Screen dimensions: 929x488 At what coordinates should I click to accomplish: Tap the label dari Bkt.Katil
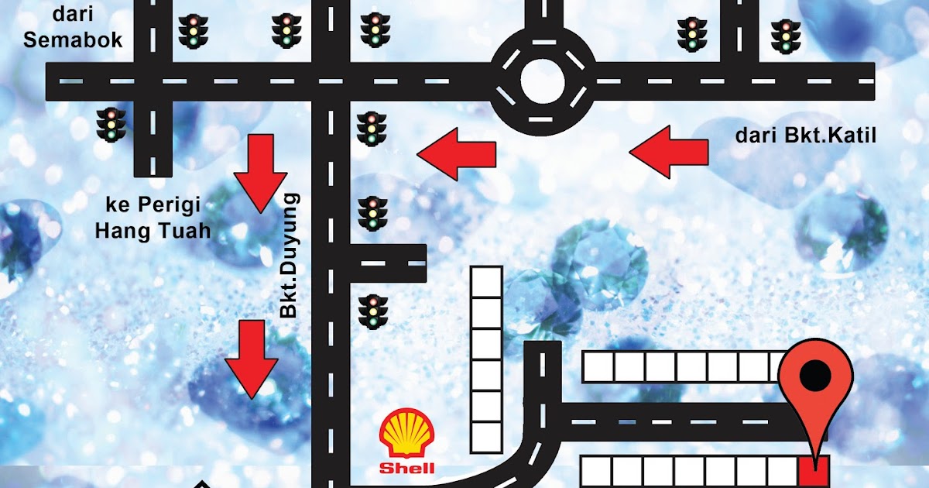[x=805, y=136]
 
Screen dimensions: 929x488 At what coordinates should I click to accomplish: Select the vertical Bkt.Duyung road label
[x=289, y=256]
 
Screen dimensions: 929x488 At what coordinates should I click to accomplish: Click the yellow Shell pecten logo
[x=407, y=435]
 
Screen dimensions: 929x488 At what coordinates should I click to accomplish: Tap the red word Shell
[x=407, y=468]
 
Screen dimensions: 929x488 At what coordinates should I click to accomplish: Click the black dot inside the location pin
[x=815, y=377]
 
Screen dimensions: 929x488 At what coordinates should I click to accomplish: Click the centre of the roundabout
[x=544, y=81]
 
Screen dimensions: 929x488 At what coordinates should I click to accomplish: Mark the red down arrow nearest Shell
[x=251, y=359]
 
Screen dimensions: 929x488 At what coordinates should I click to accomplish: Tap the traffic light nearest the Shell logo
[x=372, y=310]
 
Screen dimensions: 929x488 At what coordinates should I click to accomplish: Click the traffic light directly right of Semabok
[x=193, y=32]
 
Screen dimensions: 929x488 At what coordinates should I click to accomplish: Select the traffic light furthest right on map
[x=785, y=36]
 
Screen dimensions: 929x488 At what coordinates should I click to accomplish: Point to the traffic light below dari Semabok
[x=111, y=124]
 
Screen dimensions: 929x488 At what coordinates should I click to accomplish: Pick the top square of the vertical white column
[x=487, y=280]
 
